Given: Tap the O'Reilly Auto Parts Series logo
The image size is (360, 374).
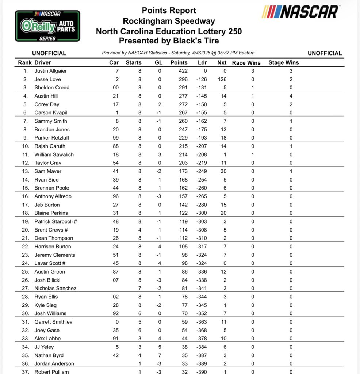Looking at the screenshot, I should [47, 26].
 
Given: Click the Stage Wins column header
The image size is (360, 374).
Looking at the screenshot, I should [283, 62].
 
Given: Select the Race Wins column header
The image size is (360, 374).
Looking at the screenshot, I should [246, 62].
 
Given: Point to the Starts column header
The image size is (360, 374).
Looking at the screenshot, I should [133, 62].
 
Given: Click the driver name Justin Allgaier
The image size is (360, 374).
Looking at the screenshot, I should [50, 71].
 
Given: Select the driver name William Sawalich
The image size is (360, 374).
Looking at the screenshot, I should [54, 154].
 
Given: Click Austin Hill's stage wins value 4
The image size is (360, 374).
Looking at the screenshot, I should [291, 96].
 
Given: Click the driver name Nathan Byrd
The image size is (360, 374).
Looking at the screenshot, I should [49, 355].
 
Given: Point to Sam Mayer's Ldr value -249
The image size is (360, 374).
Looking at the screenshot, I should [201, 171].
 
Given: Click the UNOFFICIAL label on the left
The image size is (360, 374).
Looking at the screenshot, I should [49, 53].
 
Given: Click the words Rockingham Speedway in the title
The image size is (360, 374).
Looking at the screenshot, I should [169, 21].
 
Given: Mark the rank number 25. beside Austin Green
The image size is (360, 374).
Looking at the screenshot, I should [25, 271].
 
